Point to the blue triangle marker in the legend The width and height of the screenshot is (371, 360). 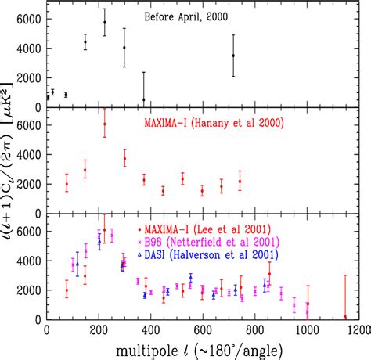pyautogui.click(x=139, y=255)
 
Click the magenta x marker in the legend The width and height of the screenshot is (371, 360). pyautogui.click(x=139, y=243)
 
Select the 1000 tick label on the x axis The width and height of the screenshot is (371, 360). pyautogui.click(x=308, y=331)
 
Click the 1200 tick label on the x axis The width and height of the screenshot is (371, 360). pyautogui.click(x=357, y=331)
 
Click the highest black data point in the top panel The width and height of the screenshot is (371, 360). pyautogui.click(x=105, y=22)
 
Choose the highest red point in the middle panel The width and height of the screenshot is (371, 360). pyautogui.click(x=105, y=124)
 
